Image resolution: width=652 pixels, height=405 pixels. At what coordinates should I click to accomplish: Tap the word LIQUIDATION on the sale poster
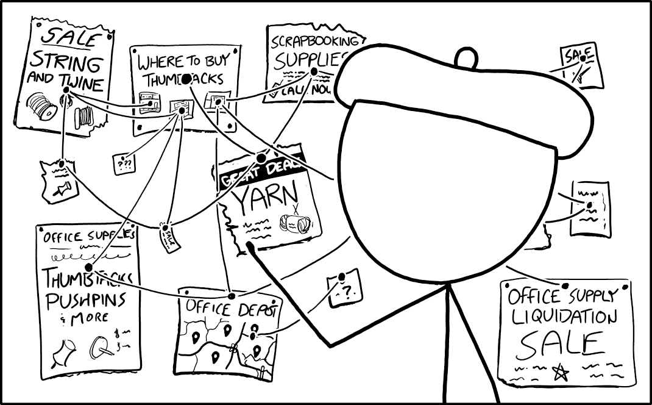pos(564,318)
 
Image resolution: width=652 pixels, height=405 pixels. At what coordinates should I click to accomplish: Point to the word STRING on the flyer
pos(66,63)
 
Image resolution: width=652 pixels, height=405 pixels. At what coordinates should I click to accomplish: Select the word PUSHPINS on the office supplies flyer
pos(86,301)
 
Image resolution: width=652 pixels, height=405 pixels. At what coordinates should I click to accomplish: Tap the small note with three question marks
pos(124,163)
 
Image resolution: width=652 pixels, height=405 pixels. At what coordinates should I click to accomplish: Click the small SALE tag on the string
pos(168,235)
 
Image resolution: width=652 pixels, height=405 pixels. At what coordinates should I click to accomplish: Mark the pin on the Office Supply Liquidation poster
pos(565,286)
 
